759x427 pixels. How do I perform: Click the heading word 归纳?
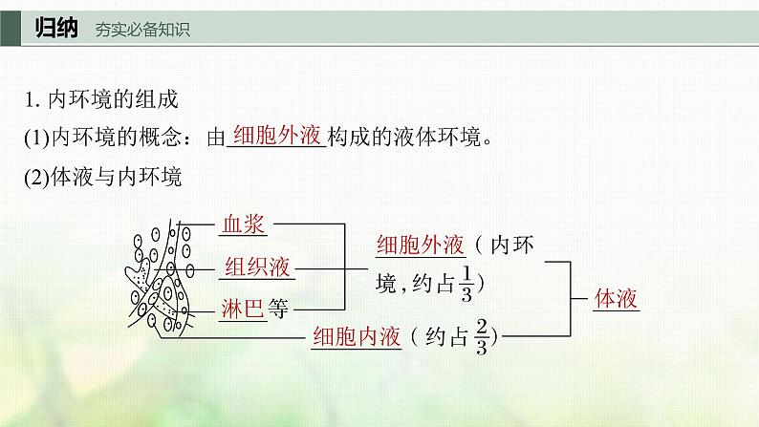click(56, 28)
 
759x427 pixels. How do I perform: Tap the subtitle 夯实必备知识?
click(142, 30)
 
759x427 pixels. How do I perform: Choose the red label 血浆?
click(242, 224)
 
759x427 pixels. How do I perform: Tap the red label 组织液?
click(257, 267)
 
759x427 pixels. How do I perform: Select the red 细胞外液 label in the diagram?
click(421, 246)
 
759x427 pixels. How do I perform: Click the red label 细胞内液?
click(356, 336)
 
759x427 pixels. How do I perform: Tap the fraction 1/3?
click(466, 284)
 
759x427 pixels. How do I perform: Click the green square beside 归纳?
click(11, 28)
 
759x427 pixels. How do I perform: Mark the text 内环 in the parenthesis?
click(514, 246)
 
